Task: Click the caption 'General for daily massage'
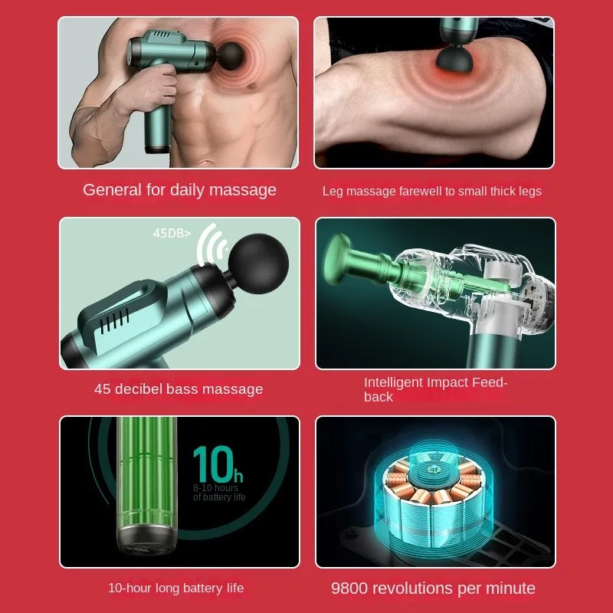pos(179,190)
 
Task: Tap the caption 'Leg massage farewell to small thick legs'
pos(431,192)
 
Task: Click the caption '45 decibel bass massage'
pos(179,389)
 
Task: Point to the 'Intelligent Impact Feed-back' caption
pos(435,389)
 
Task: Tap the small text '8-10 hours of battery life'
pos(218,493)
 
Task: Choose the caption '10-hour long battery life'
pos(176,588)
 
